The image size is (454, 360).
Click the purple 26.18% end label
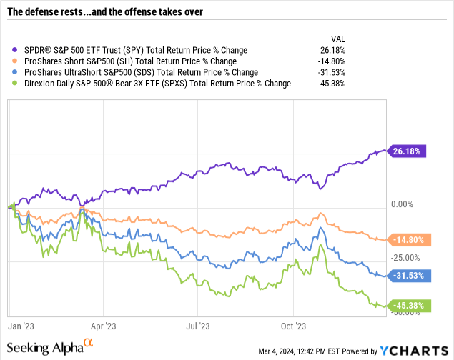pyautogui.click(x=408, y=151)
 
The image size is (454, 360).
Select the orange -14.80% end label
pyautogui.click(x=408, y=240)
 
